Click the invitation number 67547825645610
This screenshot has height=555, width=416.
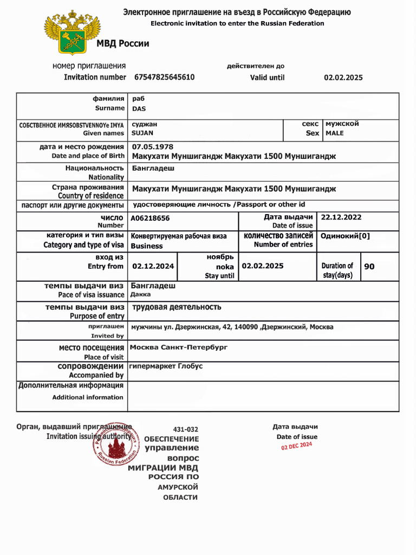pyautogui.click(x=164, y=78)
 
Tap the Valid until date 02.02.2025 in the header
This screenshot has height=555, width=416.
pyautogui.click(x=343, y=78)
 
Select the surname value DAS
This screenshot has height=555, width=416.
pyautogui.click(x=139, y=109)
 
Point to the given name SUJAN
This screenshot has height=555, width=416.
pyautogui.click(x=142, y=133)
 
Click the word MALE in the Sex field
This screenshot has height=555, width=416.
pyautogui.click(x=334, y=133)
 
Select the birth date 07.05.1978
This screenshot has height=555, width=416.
pyautogui.click(x=153, y=147)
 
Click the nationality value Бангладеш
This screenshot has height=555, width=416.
pyautogui.click(x=153, y=169)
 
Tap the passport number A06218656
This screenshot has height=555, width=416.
pyautogui.click(x=150, y=218)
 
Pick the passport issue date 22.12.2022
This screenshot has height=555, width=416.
pyautogui.click(x=341, y=217)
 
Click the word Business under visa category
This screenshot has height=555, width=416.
pyautogui.click(x=147, y=246)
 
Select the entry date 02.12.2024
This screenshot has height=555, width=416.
pyautogui.click(x=153, y=266)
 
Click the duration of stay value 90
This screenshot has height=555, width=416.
pyautogui.click(x=369, y=267)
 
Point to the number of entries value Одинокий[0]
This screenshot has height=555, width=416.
pyautogui.click(x=345, y=236)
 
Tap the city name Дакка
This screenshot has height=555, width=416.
pyautogui.click(x=141, y=295)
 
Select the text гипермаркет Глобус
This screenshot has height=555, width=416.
pyautogui.click(x=166, y=366)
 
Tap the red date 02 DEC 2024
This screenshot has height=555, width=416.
pyautogui.click(x=296, y=446)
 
